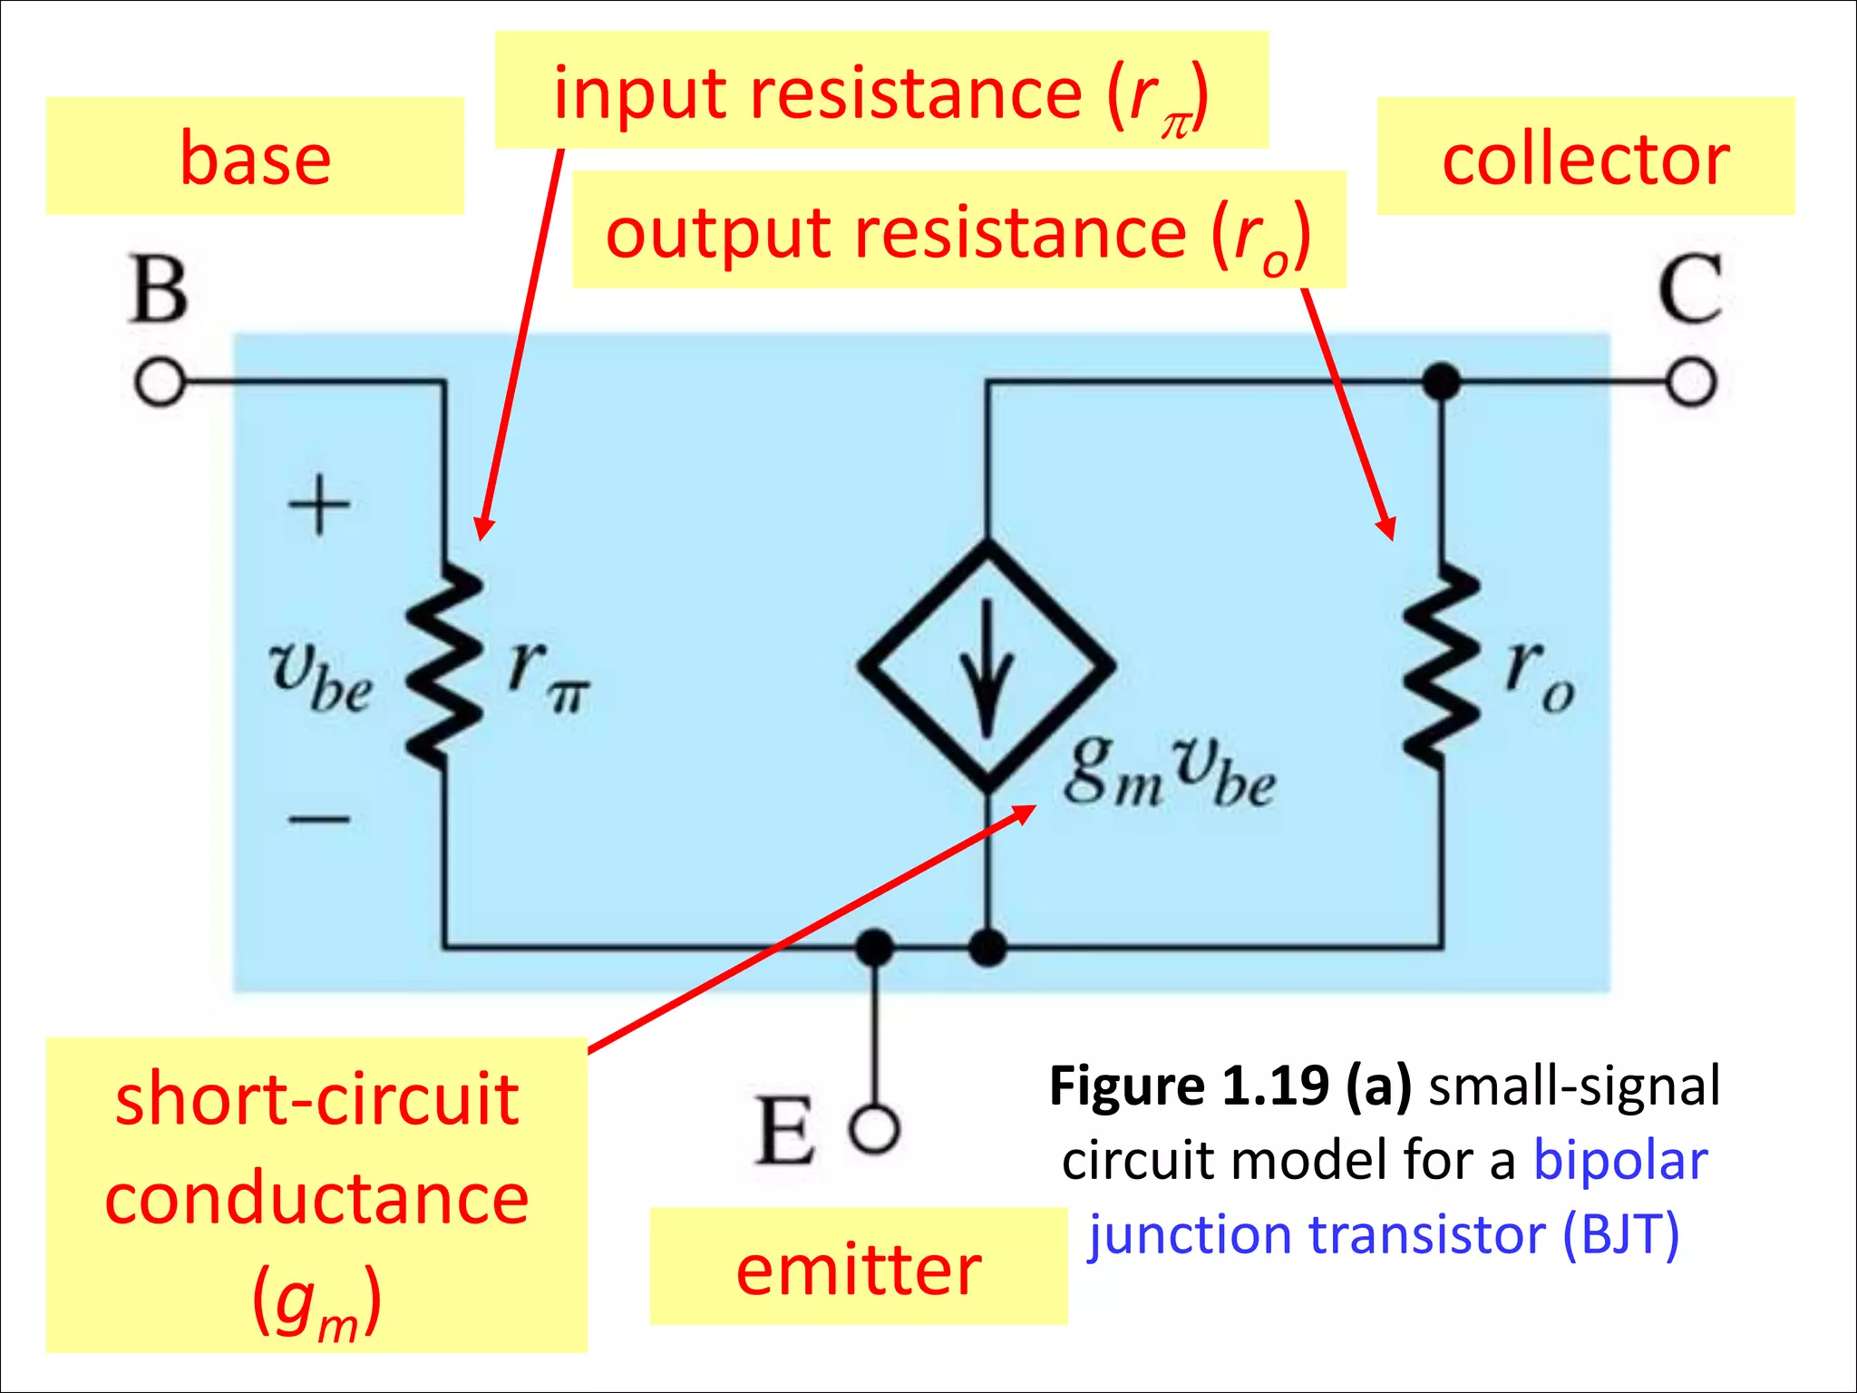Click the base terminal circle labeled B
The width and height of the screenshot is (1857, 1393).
pyautogui.click(x=160, y=383)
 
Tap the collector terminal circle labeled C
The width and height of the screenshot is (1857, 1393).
pyautogui.click(x=1691, y=382)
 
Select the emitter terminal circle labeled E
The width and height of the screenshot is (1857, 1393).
pyautogui.click(x=875, y=1130)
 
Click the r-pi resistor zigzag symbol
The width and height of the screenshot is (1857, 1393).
pyautogui.click(x=444, y=667)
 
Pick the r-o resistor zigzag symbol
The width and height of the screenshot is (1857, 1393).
pyautogui.click(x=1442, y=667)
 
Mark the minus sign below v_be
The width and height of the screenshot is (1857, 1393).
pyautogui.click(x=319, y=820)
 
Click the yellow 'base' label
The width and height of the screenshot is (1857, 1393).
pyautogui.click(x=255, y=156)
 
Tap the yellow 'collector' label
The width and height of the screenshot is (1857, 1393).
pyautogui.click(x=1586, y=156)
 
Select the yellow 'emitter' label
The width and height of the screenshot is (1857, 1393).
pyautogui.click(x=859, y=1266)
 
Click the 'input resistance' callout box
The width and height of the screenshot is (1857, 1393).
pyautogui.click(x=881, y=90)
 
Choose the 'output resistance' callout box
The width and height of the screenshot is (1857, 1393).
pyautogui.click(x=959, y=229)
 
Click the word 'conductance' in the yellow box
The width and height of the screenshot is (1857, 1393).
pyautogui.click(x=316, y=1198)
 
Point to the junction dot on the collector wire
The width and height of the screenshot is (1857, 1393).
pyautogui.click(x=1442, y=382)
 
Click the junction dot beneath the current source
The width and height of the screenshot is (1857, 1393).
pyautogui.click(x=987, y=948)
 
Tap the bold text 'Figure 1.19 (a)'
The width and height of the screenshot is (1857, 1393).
pyautogui.click(x=1230, y=1086)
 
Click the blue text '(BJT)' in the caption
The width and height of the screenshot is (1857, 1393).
pyautogui.click(x=1621, y=1235)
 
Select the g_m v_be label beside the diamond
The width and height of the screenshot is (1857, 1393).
pyautogui.click(x=1171, y=772)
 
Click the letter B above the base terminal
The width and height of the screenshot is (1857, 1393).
pyautogui.click(x=160, y=289)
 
